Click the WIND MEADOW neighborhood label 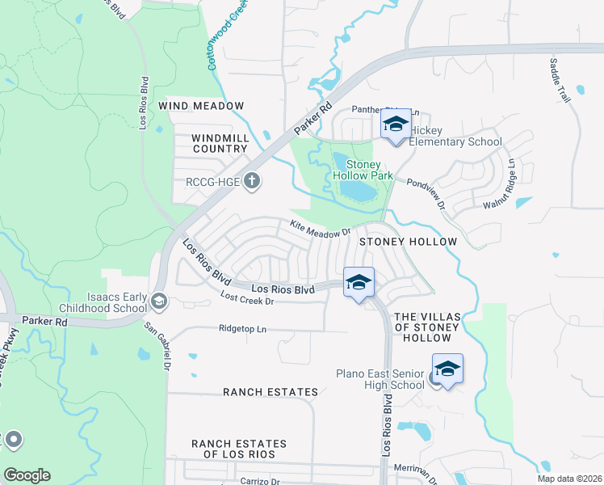pyautogui.click(x=201, y=106)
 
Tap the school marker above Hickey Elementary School pyautogui.click(x=396, y=126)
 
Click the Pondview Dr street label pyautogui.click(x=426, y=194)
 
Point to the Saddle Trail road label pyautogui.click(x=560, y=79)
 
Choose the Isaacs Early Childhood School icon pyautogui.click(x=159, y=302)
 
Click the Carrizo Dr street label pyautogui.click(x=259, y=480)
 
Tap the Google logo pyautogui.click(x=27, y=475)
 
